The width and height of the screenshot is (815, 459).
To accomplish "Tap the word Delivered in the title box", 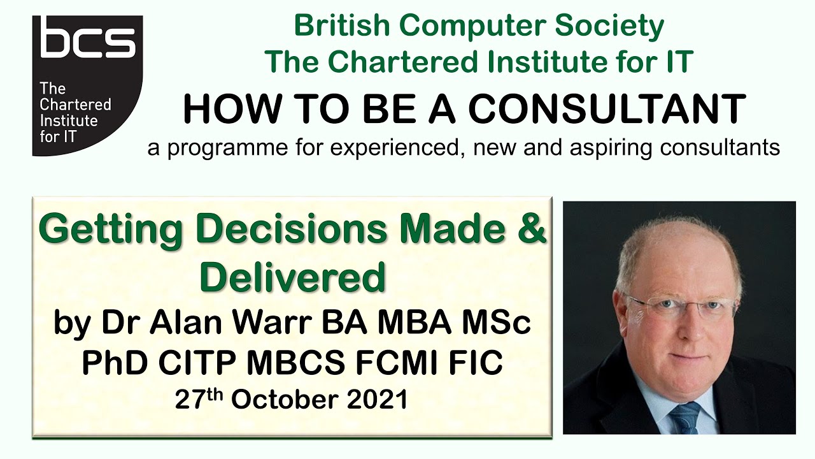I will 293,277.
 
